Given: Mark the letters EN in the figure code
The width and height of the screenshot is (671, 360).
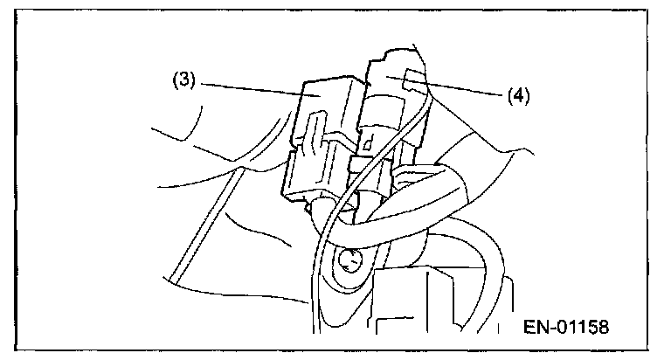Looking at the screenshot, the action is tap(535, 327).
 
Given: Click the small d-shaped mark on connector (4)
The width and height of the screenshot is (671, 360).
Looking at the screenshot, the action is tap(370, 140).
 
